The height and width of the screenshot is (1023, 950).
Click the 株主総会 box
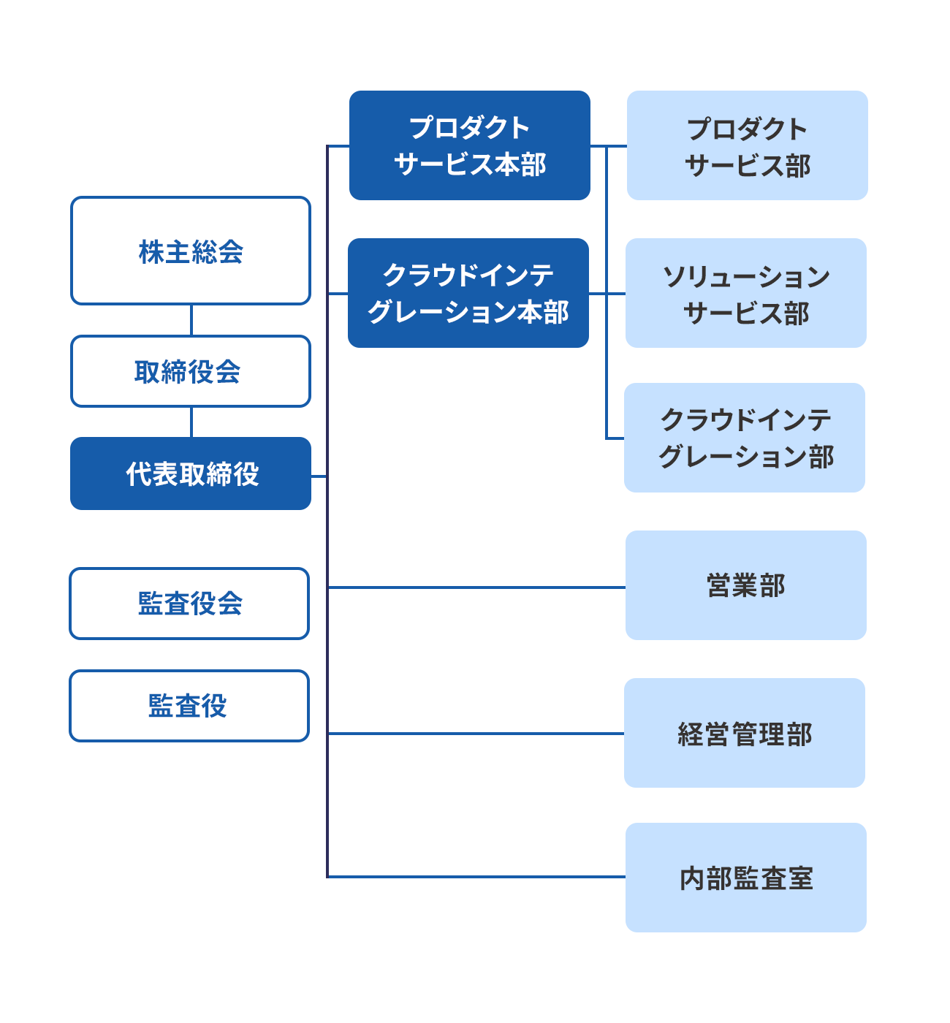click(x=191, y=251)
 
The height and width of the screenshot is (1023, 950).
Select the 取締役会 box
click(x=191, y=371)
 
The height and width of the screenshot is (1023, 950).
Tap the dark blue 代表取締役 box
click(x=191, y=474)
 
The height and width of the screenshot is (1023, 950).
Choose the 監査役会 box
click(x=189, y=604)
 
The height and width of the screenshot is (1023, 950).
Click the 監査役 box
click(x=189, y=706)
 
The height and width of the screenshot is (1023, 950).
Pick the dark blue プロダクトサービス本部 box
click(x=470, y=145)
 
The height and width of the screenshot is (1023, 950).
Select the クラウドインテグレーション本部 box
click(x=468, y=293)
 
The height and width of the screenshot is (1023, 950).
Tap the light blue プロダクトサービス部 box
click(x=748, y=145)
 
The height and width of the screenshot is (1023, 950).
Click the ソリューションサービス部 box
click(x=746, y=293)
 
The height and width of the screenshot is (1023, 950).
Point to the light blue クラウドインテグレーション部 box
click(x=745, y=438)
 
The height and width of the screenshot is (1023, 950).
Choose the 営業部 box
click(x=746, y=585)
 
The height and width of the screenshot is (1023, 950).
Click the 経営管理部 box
click(x=745, y=733)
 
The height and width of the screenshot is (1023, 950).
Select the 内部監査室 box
click(x=746, y=878)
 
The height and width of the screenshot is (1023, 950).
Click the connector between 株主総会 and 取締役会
click(x=191, y=320)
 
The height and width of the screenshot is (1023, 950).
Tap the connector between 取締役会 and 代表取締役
click(x=191, y=422)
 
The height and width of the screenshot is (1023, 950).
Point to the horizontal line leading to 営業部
click(x=475, y=587)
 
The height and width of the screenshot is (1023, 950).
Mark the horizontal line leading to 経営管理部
click(x=475, y=733)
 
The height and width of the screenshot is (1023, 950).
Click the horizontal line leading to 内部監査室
click(x=475, y=876)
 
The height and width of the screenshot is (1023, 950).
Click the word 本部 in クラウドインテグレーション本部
click(x=544, y=313)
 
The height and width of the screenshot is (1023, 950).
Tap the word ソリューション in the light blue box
click(x=746, y=277)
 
